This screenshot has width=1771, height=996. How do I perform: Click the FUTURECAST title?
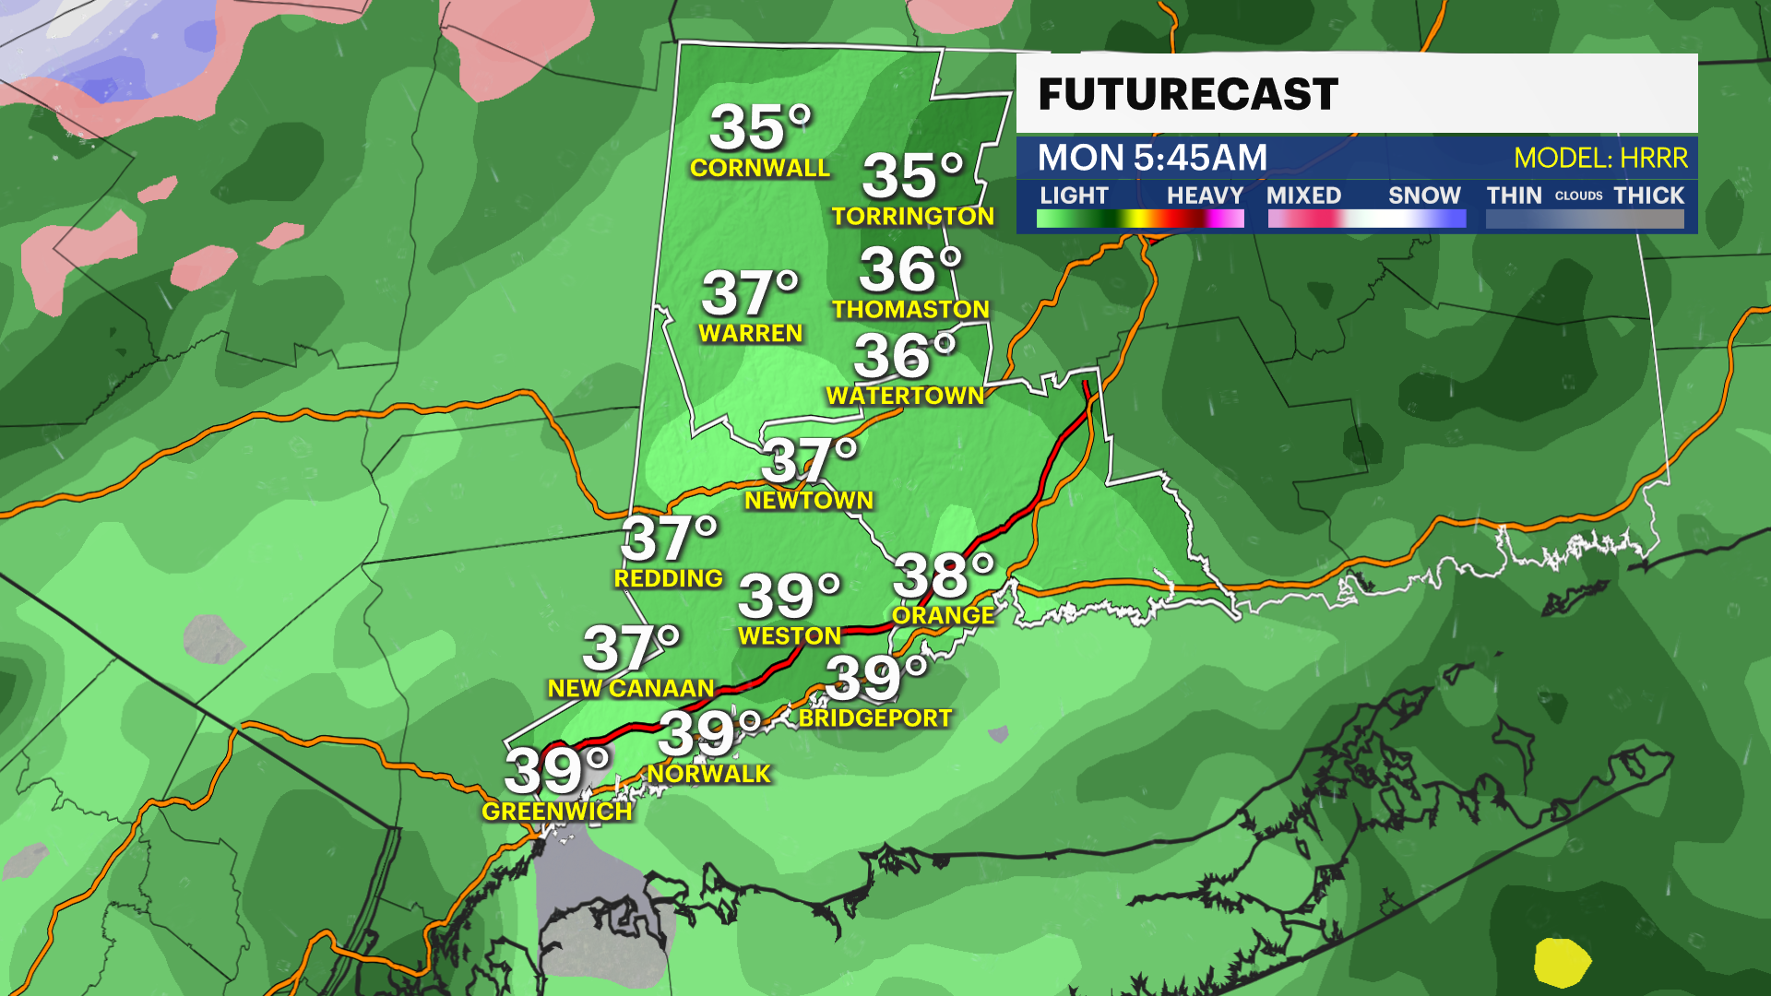(x=1187, y=94)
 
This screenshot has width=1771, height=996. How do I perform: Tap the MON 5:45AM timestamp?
(x=1152, y=158)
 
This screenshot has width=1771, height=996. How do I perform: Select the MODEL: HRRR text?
(x=1600, y=159)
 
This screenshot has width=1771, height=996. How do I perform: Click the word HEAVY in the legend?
(x=1205, y=196)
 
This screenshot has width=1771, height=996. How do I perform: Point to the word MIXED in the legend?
(x=1303, y=196)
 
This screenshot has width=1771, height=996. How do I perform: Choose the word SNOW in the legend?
(x=1424, y=196)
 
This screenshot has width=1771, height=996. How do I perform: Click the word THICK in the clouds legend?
(x=1648, y=196)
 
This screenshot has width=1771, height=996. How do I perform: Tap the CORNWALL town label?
(x=760, y=168)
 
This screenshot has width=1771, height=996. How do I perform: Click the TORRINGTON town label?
(x=913, y=216)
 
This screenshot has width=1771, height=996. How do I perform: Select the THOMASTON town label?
(x=910, y=309)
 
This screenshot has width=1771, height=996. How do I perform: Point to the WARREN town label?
(x=751, y=333)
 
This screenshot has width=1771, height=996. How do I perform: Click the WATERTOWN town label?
(x=905, y=396)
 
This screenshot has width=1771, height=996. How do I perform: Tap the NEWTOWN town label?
(x=809, y=500)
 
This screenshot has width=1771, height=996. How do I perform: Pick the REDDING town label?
(x=669, y=578)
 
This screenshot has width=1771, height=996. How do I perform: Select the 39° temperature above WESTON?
(x=789, y=596)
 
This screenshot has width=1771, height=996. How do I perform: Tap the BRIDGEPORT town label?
(x=875, y=717)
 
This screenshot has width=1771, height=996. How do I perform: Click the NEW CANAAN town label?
(x=631, y=688)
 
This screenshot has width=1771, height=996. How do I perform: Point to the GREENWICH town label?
(x=557, y=812)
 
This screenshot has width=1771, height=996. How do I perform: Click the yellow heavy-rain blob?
(x=1561, y=963)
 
